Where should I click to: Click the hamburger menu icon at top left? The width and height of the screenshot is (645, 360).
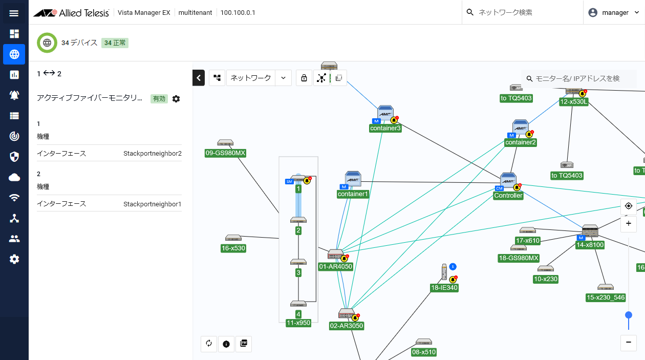pos(14,13)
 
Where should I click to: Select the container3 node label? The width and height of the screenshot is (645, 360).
pos(385,128)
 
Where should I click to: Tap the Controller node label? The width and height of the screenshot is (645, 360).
pos(508,196)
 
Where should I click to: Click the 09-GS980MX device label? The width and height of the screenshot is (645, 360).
pos(225,153)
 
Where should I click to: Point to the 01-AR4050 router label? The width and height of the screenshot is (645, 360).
pos(335,266)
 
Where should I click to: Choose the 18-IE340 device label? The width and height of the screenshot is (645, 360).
pos(444,288)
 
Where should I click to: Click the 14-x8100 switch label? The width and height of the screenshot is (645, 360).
pos(590,245)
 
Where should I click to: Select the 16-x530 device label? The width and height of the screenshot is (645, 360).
pos(233,248)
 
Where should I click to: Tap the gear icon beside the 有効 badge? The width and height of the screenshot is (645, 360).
pos(176,99)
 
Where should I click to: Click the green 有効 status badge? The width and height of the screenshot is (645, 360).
pos(159,99)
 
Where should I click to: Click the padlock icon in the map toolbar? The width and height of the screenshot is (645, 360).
pos(304,78)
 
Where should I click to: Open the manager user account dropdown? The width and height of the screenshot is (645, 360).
pos(614,13)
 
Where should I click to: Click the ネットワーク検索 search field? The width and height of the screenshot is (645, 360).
pos(521,12)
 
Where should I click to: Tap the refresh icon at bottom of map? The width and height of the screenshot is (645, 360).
pos(209,344)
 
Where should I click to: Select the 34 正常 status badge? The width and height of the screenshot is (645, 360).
pos(115,43)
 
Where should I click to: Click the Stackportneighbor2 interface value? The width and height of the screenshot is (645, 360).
pos(153,154)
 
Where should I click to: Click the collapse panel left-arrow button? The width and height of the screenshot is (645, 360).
pos(199,78)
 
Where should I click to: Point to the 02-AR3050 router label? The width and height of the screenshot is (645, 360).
pos(347,326)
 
